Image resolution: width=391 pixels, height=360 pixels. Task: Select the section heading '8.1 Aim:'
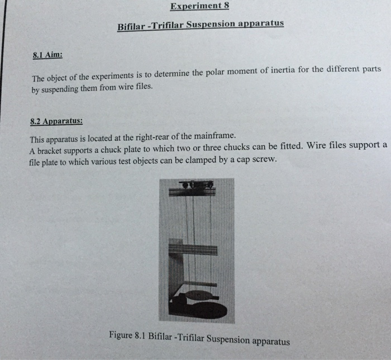pyautogui.click(x=47, y=55)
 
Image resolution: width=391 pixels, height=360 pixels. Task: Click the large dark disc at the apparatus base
pyautogui.click(x=207, y=310)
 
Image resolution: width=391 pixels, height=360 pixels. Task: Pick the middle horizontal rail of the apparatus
pyautogui.click(x=194, y=249)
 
